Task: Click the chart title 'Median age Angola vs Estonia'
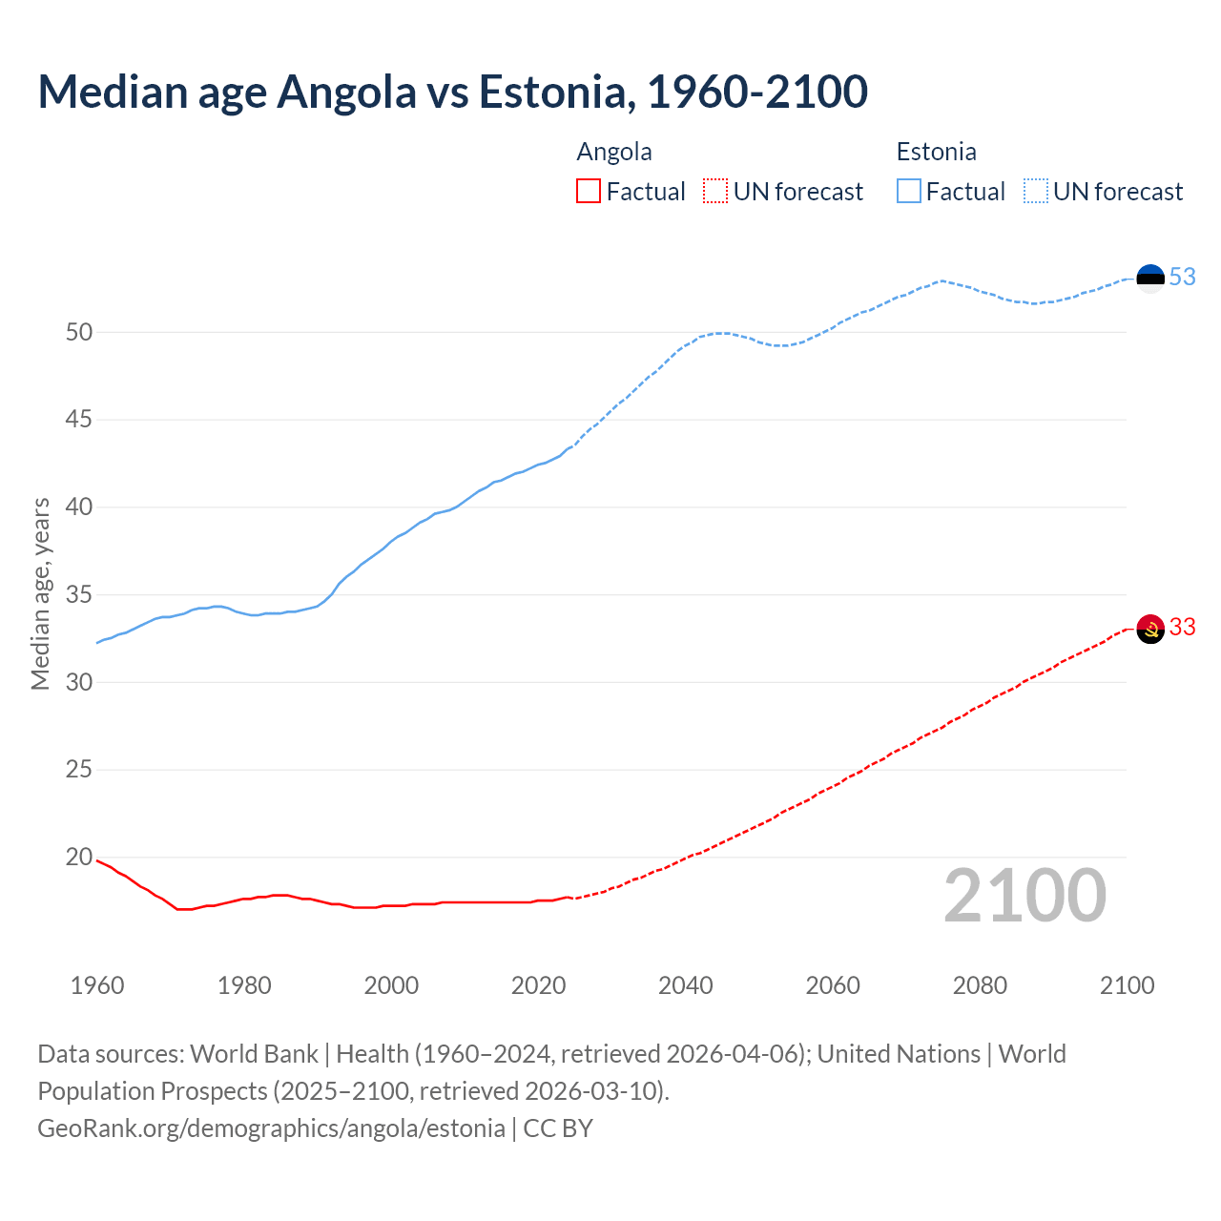point(452,92)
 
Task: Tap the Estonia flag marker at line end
point(1150,279)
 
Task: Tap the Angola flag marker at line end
point(1150,629)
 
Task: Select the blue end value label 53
point(1182,277)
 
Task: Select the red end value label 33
point(1182,627)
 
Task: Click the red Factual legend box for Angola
point(589,192)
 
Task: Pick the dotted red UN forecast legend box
point(715,192)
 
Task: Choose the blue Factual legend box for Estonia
point(909,192)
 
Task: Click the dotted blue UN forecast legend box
point(1035,192)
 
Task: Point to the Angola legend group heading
point(614,152)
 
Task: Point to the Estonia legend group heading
point(936,152)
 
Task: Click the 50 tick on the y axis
point(79,332)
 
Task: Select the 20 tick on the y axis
point(79,857)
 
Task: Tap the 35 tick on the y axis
point(79,594)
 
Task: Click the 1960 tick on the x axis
point(97,985)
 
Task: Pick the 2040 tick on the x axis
point(685,985)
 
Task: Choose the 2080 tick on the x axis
point(980,985)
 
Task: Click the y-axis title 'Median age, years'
point(40,593)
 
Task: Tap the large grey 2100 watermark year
point(1024,896)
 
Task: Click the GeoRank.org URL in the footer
point(271,1128)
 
